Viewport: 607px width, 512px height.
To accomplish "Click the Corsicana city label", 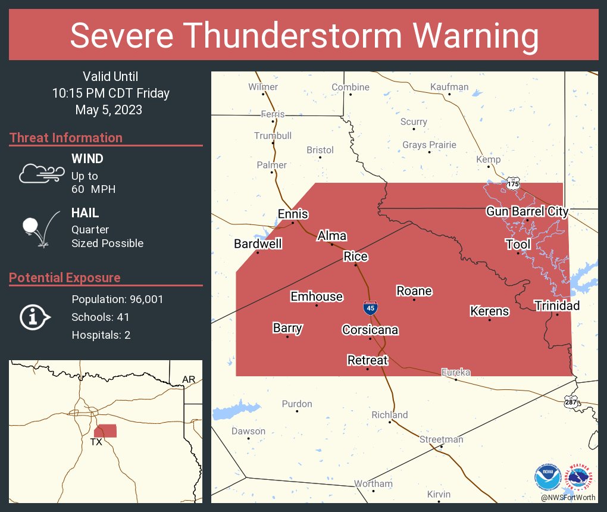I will coord(370,330).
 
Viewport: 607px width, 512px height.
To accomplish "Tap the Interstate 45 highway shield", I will coord(370,308).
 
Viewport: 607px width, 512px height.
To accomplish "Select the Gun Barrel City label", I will coord(527,211).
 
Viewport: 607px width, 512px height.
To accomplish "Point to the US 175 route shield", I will coord(513,184).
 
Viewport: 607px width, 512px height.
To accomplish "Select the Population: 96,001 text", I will coord(117,299).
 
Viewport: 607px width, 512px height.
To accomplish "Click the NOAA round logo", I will coord(547,477).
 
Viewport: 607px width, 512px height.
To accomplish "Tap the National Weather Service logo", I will coord(581,477).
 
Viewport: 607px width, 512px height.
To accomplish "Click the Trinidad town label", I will coord(556,305).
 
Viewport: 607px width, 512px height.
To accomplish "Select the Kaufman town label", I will coord(449,87).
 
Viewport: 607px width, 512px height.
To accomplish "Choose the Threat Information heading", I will coord(66,138).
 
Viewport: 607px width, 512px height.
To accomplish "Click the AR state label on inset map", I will coord(189,379).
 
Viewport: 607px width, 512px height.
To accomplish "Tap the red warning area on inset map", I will coord(107,430).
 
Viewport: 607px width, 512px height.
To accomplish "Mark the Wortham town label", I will coord(373,483).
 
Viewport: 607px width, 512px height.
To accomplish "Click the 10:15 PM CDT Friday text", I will coord(111,93).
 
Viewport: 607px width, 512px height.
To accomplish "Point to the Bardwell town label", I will coord(258,243).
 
